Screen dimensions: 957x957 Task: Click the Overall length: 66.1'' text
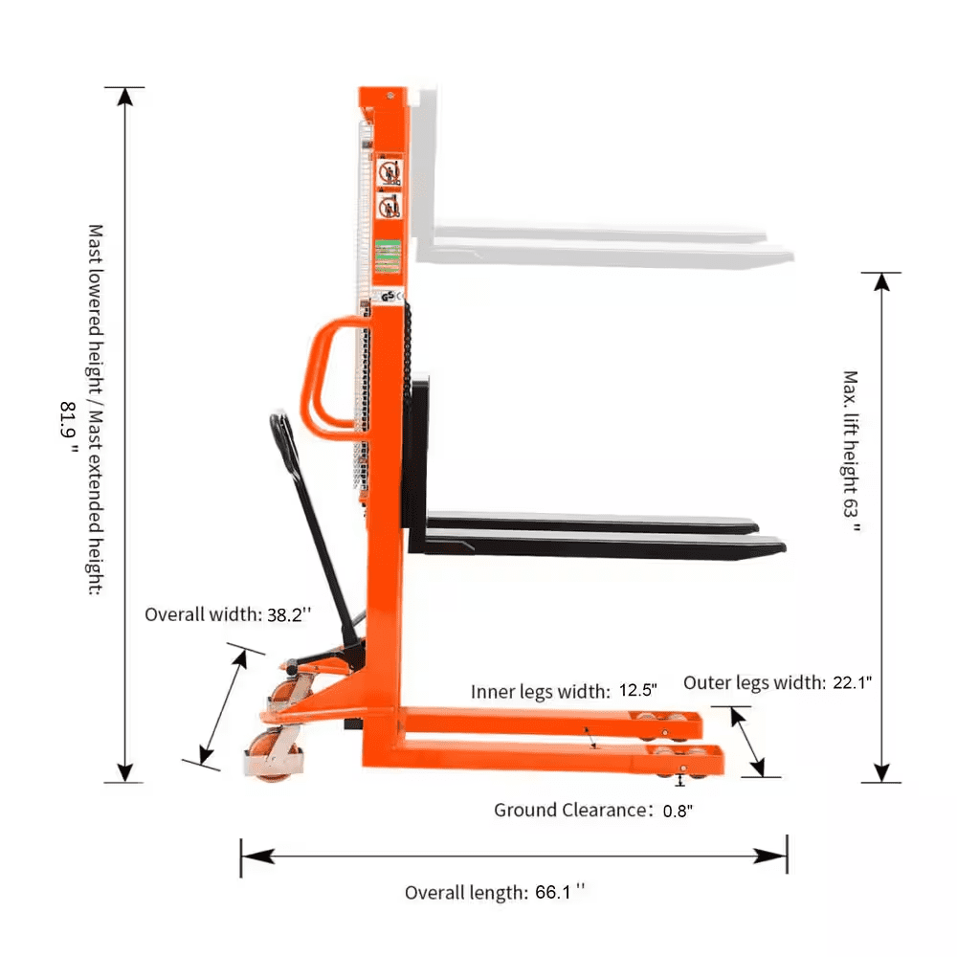click(x=494, y=892)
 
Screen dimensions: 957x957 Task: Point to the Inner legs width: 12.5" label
click(x=564, y=691)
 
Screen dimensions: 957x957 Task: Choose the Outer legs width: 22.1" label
click(x=777, y=682)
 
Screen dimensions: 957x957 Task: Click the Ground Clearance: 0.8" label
click(x=593, y=811)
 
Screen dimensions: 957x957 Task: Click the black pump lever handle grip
click(x=279, y=435)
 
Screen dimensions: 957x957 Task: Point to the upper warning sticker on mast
click(x=390, y=173)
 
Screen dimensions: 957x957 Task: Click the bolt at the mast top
click(x=390, y=94)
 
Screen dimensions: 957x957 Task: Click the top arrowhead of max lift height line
click(x=881, y=280)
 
